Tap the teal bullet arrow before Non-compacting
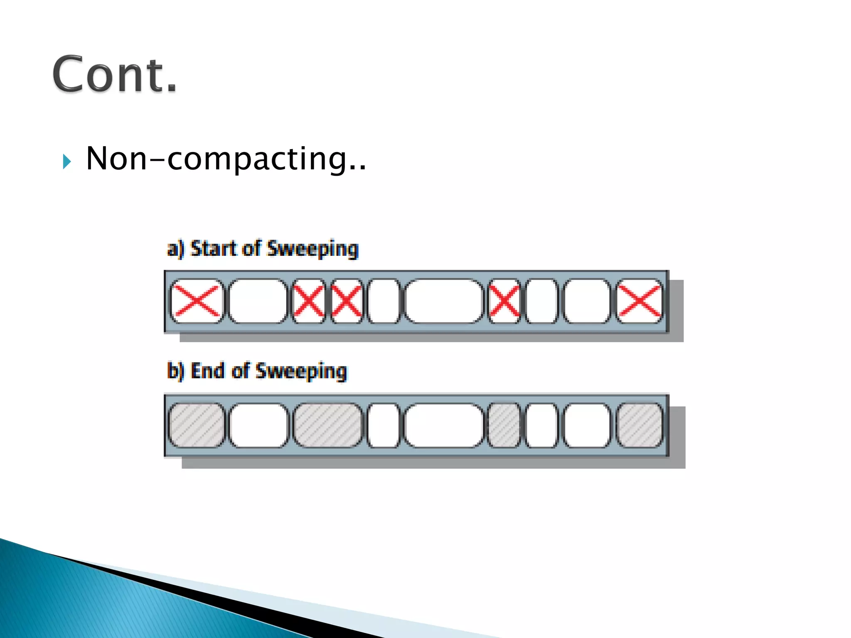66,161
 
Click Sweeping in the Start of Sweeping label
312,249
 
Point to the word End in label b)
207,371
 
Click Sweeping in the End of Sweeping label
301,371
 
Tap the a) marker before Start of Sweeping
175,249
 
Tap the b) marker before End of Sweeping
175,371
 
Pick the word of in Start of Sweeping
251,248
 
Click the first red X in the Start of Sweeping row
196,301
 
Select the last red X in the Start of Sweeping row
639,301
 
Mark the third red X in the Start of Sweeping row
346,301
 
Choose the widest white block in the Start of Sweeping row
444,301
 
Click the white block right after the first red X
258,301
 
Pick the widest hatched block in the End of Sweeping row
327,425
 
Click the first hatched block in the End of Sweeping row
196,425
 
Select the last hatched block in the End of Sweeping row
639,425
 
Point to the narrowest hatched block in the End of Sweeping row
504,425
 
